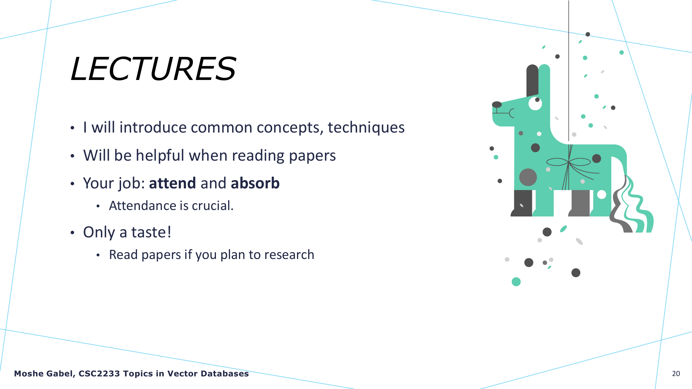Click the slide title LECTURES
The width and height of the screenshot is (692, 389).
[x=153, y=69]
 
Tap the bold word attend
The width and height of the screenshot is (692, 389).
[x=172, y=183]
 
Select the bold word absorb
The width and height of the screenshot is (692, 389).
[x=255, y=183]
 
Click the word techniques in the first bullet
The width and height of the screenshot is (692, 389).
[x=366, y=128]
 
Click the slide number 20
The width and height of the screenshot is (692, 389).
[x=676, y=374]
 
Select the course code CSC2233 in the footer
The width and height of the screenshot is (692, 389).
[x=99, y=374]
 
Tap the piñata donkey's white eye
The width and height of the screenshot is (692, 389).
[x=535, y=103]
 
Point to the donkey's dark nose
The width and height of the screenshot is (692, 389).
[x=497, y=104]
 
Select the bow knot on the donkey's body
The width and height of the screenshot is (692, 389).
[x=568, y=162]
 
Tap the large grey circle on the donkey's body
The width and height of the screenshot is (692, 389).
[x=528, y=177]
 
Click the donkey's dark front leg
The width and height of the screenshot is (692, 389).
[x=522, y=203]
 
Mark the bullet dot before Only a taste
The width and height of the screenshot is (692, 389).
[x=72, y=233]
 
